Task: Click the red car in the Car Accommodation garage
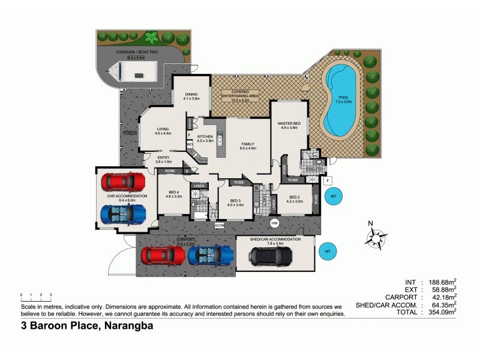coord(123,181)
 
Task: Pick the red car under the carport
coord(163,256)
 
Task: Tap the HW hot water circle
coord(274,223)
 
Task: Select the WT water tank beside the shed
coord(327,251)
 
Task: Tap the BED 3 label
coord(236,201)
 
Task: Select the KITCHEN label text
coord(205,137)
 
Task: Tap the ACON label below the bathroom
coord(220,225)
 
